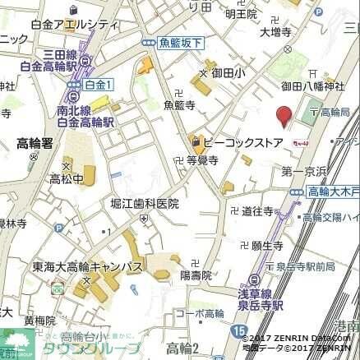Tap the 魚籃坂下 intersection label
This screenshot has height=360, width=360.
tap(176, 43)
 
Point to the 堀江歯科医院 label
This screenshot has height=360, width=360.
tap(144, 203)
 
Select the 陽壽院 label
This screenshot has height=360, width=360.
tap(196, 275)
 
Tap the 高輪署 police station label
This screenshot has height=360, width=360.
tap(35, 142)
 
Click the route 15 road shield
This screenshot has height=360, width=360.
tap(238, 330)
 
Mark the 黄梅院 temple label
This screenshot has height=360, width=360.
tap(39, 321)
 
